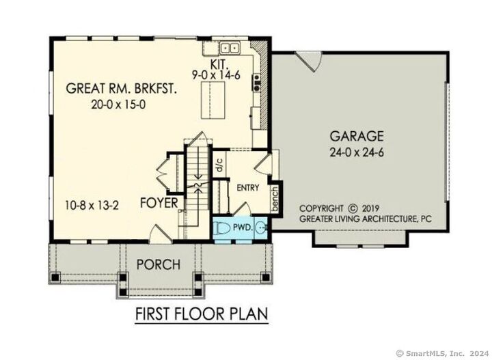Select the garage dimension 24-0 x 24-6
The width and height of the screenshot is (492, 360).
pos(357,152)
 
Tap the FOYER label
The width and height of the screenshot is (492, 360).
pos(160,204)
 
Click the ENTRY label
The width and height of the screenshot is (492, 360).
pos(248,188)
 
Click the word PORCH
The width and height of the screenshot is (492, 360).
pos(157,264)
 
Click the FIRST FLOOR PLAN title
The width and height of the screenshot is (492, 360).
pos(200,314)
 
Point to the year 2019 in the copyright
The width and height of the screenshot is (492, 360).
pos(374,208)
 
